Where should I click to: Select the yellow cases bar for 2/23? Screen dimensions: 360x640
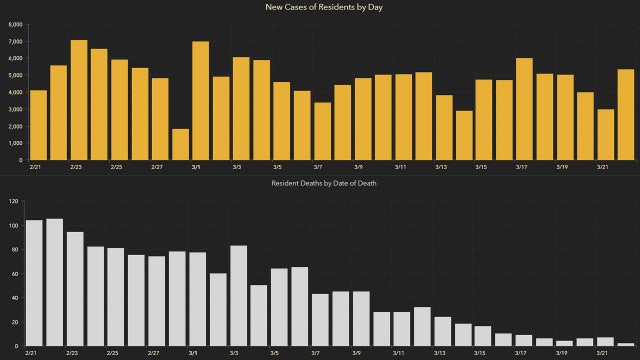(79, 100)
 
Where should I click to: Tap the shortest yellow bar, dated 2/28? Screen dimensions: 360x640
(180, 144)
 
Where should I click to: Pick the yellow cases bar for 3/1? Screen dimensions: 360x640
(200, 101)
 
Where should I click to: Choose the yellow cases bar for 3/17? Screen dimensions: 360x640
(524, 109)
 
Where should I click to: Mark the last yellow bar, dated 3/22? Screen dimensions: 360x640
(625, 115)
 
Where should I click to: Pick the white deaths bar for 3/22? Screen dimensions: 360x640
(625, 344)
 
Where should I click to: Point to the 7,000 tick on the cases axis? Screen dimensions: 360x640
(15, 41)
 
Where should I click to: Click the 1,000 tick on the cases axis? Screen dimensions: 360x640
(15, 143)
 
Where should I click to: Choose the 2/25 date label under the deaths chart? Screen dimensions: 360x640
(112, 353)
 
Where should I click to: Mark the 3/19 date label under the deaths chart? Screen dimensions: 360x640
(560, 353)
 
